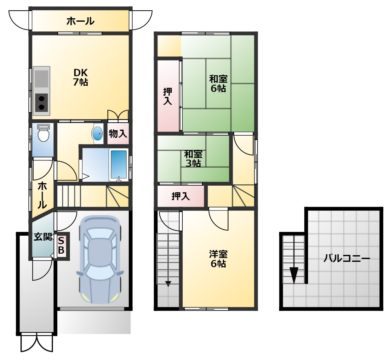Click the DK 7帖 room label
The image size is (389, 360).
(81, 77)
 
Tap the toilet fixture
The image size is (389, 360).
(43, 133)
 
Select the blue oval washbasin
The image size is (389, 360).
(97, 133)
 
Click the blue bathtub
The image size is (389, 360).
(119, 165)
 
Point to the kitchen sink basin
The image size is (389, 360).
(42, 79)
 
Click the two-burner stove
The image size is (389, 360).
(42, 103)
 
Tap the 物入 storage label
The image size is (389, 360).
(118, 134)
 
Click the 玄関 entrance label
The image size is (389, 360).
(43, 237)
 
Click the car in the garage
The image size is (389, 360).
(100, 260)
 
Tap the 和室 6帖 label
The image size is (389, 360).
(218, 84)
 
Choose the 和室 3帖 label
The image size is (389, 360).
(193, 159)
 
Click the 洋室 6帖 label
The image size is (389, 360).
(218, 259)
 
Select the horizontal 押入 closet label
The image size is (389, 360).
(180, 196)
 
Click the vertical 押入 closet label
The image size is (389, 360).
(168, 96)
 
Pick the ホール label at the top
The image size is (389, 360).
(81, 21)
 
